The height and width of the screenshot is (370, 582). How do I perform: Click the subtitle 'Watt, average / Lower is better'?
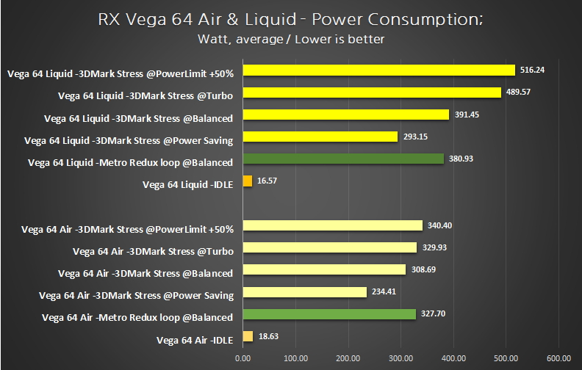(291, 39)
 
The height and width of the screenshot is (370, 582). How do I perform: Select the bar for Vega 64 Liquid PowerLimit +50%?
(378, 70)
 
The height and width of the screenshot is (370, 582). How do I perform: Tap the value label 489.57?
(520, 92)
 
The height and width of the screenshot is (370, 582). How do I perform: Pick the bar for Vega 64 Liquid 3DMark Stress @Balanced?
(345, 115)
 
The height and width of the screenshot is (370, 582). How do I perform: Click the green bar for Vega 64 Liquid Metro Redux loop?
(343, 159)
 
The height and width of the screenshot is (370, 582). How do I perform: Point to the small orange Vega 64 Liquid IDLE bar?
(247, 181)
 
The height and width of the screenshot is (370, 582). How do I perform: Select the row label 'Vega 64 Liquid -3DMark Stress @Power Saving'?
(129, 140)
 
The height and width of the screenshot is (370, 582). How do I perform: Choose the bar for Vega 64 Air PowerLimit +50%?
(332, 225)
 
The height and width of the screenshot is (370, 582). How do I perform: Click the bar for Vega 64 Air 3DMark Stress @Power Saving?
(304, 292)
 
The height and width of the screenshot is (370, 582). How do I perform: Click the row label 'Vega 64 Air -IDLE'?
(195, 340)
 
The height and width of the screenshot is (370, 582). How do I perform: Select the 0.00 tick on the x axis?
(242, 358)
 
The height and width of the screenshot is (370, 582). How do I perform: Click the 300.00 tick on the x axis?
(400, 358)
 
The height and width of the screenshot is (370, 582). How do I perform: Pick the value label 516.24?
(533, 70)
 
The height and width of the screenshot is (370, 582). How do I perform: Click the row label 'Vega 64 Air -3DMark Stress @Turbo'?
(153, 251)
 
